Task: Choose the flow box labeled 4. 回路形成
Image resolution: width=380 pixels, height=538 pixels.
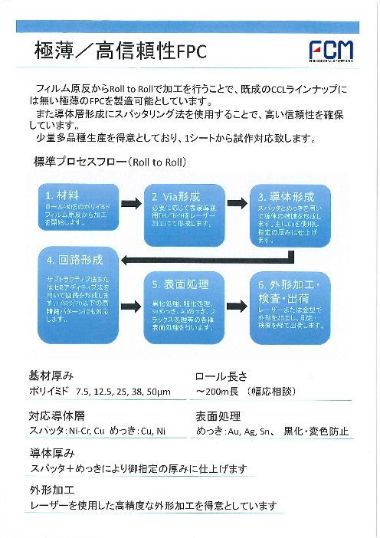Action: [x=77, y=295]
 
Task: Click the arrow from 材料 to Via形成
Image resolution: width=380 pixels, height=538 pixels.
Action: [x=130, y=202]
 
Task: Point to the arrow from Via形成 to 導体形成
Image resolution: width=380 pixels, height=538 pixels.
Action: [x=238, y=202]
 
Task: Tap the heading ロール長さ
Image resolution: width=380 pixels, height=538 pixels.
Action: [x=221, y=376]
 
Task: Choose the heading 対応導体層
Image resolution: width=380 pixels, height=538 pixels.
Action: [x=56, y=416]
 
